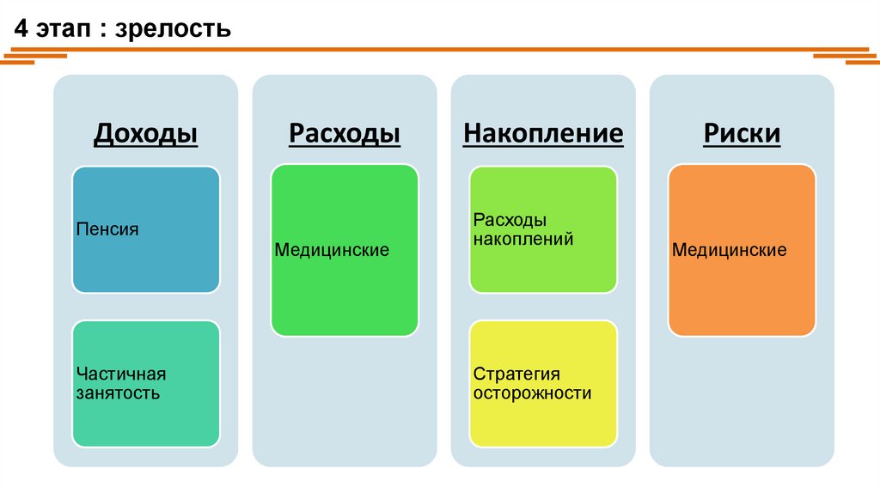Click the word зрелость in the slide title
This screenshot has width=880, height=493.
185,30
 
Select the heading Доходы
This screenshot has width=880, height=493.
145,134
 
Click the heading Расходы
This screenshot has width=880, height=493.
344,134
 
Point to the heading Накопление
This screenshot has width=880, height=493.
543,134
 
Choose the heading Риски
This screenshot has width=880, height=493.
742,134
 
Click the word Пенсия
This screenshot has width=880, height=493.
107,230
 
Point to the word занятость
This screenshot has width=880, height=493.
118,394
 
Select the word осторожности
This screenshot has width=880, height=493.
532,394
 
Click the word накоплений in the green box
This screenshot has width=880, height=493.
523,240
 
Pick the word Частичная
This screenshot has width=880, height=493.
120,374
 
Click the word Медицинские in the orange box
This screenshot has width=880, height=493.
730,251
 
